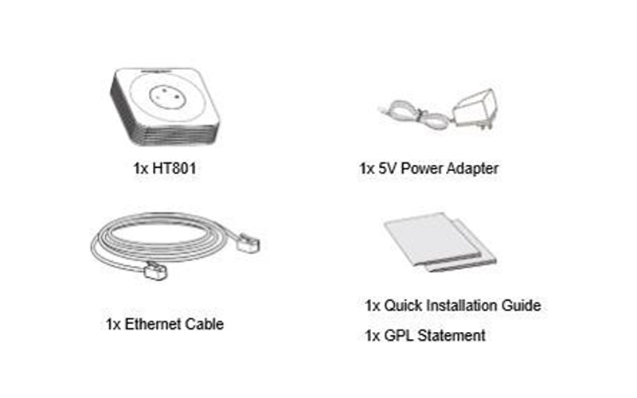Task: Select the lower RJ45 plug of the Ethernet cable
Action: [x=154, y=272]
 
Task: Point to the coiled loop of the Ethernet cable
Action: [x=151, y=243]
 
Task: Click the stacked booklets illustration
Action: [x=440, y=243]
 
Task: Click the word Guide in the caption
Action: [x=524, y=306]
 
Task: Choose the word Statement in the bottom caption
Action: [x=451, y=336]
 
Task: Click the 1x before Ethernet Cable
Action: [x=114, y=325]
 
